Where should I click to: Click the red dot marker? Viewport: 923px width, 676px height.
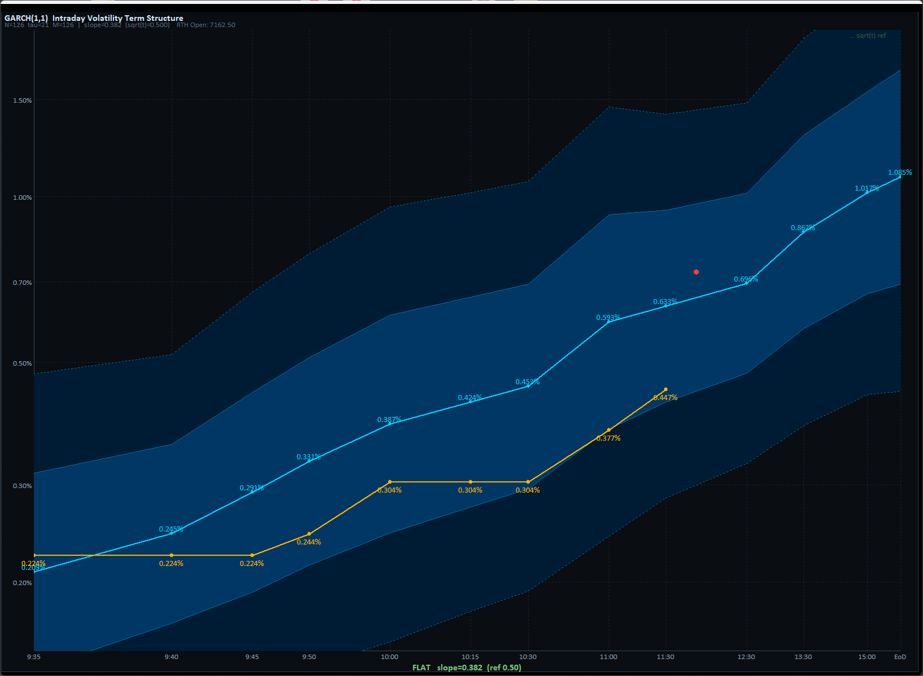[x=696, y=272]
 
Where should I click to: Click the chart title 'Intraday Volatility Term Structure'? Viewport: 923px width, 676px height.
[x=117, y=18]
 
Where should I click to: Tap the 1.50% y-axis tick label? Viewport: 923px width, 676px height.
[x=23, y=100]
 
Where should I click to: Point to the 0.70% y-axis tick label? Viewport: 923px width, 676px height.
[x=23, y=283]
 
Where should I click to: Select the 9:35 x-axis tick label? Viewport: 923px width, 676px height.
[x=34, y=657]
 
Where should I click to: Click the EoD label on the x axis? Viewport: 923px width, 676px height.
[x=900, y=657]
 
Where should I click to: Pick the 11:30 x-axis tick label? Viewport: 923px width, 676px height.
[x=665, y=657]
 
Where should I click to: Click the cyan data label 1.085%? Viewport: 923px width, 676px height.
[x=899, y=173]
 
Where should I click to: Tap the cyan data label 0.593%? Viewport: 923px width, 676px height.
[x=608, y=318]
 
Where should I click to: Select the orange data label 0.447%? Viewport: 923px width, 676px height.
[x=665, y=398]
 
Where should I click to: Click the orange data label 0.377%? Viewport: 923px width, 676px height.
[x=608, y=438]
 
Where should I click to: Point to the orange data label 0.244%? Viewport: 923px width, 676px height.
[x=309, y=542]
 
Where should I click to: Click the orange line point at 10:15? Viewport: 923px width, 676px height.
[x=471, y=482]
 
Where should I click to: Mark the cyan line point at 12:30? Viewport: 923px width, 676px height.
[x=746, y=283]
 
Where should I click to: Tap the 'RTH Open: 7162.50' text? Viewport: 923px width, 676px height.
[x=206, y=25]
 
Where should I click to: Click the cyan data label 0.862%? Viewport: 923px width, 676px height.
[x=802, y=228]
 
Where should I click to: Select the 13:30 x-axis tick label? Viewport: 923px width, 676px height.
[x=803, y=657]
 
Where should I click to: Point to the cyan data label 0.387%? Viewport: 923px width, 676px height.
[x=389, y=420]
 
